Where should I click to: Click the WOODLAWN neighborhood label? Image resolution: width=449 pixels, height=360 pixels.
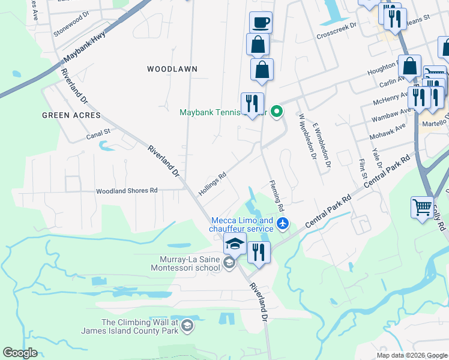172,69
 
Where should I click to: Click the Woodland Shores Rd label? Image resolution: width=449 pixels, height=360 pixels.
127,191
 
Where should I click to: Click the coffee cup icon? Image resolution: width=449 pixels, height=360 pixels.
261,23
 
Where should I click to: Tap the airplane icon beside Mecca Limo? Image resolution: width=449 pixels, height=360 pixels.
284,224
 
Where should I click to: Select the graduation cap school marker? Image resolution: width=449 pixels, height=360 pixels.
235,244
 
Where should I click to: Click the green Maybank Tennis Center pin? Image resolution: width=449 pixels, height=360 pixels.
277,111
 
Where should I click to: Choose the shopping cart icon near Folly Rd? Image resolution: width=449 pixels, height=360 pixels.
423,207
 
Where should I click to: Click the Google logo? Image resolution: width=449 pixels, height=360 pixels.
20,353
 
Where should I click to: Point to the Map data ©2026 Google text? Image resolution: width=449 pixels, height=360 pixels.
411,355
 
